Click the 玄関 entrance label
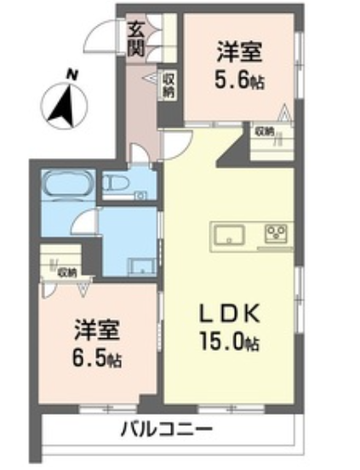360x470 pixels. [136, 39]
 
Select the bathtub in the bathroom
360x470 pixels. [69, 184]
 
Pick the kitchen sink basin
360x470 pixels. [230, 234]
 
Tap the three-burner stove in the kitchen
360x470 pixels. [276, 233]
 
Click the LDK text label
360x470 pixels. [230, 313]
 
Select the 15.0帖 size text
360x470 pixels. [230, 341]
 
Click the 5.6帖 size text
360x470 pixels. [239, 80]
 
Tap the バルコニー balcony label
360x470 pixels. [167, 429]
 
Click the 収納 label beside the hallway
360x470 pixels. [169, 85]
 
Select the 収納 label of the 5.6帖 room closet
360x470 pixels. [264, 132]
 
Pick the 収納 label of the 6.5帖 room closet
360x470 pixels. [67, 272]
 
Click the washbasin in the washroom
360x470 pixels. [141, 267]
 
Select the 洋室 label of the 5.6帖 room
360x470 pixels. [240, 52]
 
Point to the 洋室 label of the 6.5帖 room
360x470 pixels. [97, 330]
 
